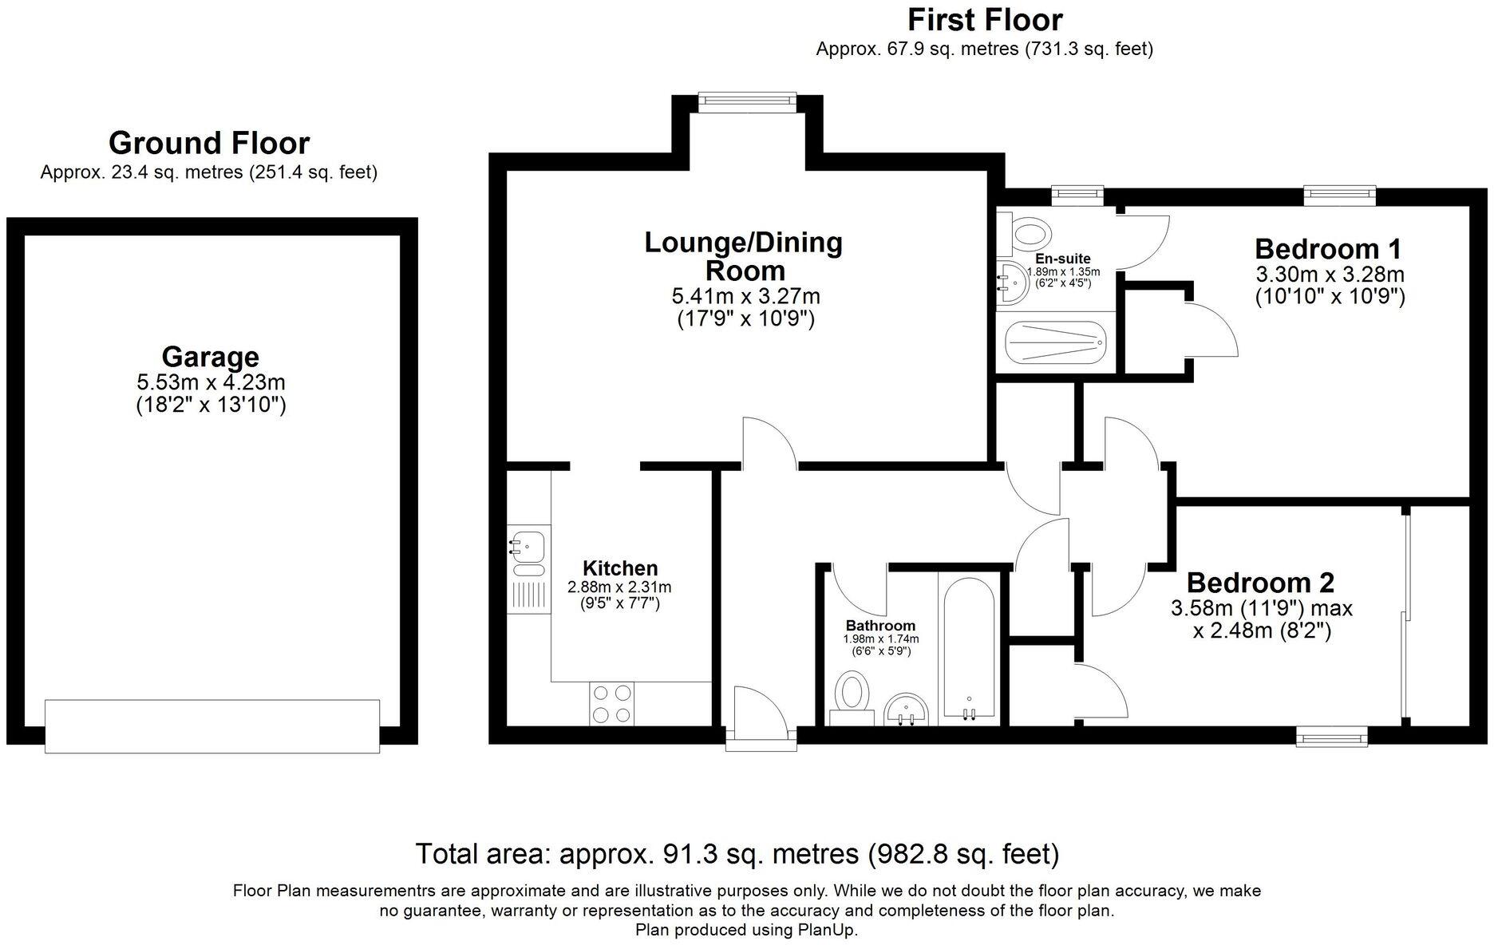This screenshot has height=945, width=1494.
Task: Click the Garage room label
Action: tap(210, 356)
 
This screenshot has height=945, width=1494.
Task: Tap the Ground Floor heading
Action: tap(209, 144)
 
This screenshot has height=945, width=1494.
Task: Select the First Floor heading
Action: tap(985, 19)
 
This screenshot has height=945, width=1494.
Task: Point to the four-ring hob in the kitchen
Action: tap(611, 704)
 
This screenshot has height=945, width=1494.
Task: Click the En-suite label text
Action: tap(1062, 259)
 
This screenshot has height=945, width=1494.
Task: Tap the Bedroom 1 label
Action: tap(1328, 249)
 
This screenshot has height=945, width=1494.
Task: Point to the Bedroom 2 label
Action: tap(1260, 582)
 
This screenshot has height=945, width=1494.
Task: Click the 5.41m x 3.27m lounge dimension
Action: tap(745, 297)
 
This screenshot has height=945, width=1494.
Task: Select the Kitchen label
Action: tap(620, 568)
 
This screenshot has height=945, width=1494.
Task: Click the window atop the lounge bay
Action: tap(747, 100)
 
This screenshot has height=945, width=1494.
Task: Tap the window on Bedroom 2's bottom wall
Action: tap(1331, 736)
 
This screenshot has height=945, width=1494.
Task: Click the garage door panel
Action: tap(211, 726)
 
